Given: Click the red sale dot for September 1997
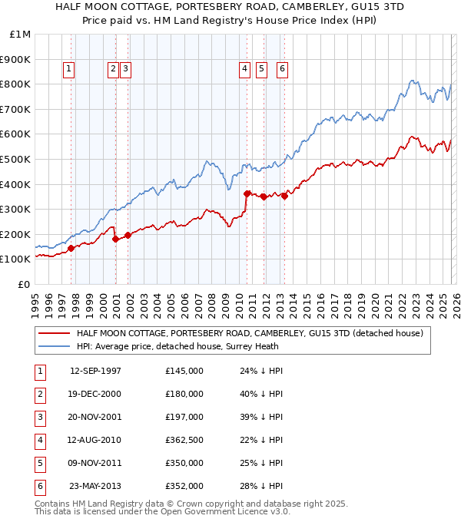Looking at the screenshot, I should pos(71,248).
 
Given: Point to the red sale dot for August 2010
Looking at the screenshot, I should pos(247,193).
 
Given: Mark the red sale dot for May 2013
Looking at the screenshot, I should pos(284,196).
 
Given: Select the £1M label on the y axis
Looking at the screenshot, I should pos(20,34).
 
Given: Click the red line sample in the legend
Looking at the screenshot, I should pos(53,333).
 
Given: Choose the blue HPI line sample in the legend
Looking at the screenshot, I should pos(53,346).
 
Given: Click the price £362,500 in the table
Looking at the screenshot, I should pos(184,440).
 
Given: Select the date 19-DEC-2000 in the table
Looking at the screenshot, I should pos(95,394).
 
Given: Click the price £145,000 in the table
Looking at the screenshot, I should pos(184,371).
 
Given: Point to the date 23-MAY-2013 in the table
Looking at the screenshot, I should pos(95,486).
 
